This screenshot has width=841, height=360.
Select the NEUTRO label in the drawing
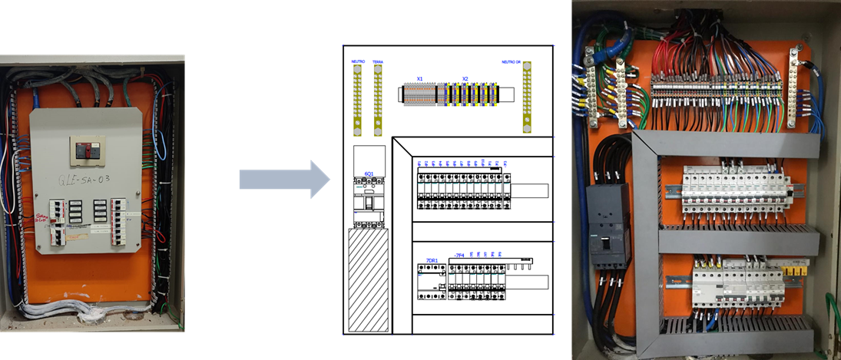(x=357, y=61)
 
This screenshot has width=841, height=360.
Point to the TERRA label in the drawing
(x=378, y=61)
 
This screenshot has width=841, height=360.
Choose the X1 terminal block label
(x=419, y=78)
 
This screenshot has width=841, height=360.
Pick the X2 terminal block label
(x=465, y=78)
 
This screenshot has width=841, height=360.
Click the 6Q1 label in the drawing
(x=369, y=174)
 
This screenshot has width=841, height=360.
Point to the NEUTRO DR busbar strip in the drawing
(x=527, y=98)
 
